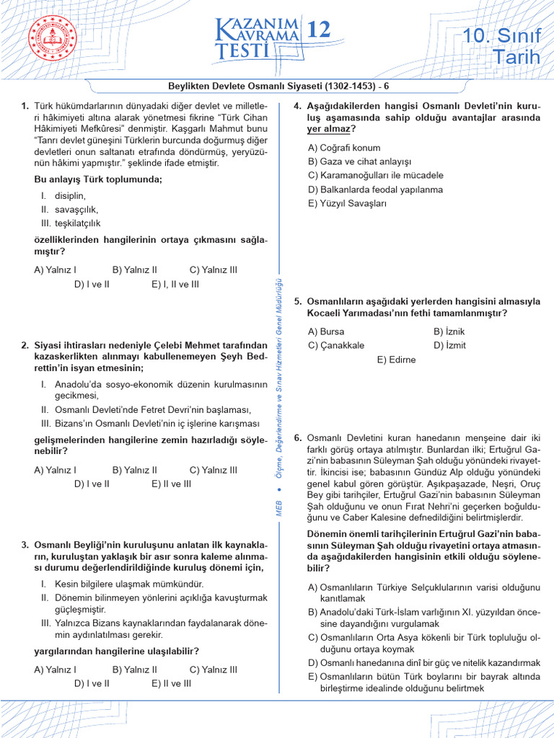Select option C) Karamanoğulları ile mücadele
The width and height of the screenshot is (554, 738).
(375, 175)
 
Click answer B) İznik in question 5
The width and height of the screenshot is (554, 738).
(449, 331)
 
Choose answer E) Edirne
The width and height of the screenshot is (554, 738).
(397, 359)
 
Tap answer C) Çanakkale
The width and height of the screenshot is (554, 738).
(335, 345)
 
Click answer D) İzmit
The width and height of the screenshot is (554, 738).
(449, 345)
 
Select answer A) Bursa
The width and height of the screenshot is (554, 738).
(326, 331)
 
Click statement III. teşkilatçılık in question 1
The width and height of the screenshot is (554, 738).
(70, 223)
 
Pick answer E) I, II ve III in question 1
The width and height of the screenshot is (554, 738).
(175, 284)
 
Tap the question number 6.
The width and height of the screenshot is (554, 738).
(297, 437)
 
